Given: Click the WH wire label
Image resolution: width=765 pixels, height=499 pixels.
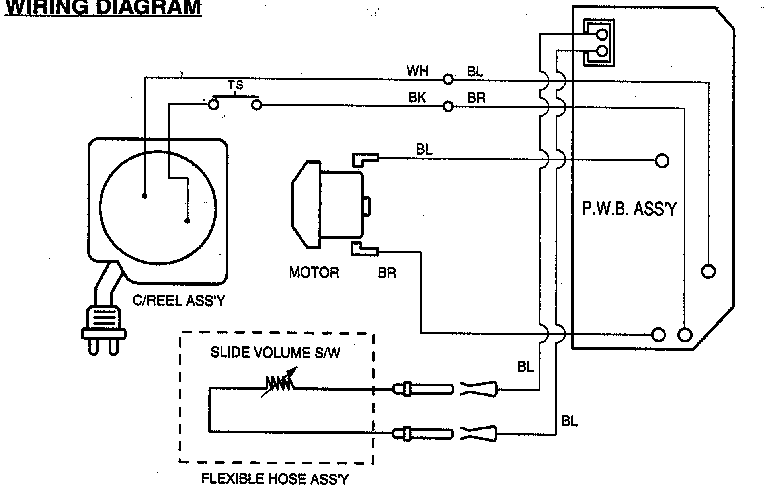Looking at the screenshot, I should pyautogui.click(x=417, y=71).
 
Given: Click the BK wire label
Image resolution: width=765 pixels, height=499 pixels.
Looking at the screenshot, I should pyautogui.click(x=417, y=98).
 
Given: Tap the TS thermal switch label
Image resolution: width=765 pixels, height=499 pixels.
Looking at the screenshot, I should pyautogui.click(x=235, y=85).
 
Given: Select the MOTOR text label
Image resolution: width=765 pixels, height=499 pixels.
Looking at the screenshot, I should pyautogui.click(x=314, y=272).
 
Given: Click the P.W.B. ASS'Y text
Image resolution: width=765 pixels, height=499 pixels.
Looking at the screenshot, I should pyautogui.click(x=629, y=209).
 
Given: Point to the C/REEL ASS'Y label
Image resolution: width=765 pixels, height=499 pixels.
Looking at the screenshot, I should pyautogui.click(x=179, y=301).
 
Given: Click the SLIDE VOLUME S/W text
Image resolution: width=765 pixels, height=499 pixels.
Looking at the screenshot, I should pyautogui.click(x=275, y=352).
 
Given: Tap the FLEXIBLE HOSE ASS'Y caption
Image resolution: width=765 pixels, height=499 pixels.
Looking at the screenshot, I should pyautogui.click(x=275, y=479).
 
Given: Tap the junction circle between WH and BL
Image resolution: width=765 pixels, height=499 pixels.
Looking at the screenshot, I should pyautogui.click(x=448, y=80).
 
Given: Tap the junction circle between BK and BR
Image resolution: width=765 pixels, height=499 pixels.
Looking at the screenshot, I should pyautogui.click(x=448, y=106).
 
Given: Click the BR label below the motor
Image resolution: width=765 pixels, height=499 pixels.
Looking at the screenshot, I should pyautogui.click(x=386, y=273).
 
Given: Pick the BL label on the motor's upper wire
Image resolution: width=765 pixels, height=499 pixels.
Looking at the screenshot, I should pyautogui.click(x=424, y=150).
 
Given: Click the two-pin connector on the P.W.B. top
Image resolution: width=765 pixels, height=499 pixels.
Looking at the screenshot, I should pyautogui.click(x=599, y=43).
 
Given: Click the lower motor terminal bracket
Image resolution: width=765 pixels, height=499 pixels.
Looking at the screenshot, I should pyautogui.click(x=363, y=249).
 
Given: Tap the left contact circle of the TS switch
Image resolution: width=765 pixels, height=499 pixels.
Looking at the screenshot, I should pyautogui.click(x=214, y=105).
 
